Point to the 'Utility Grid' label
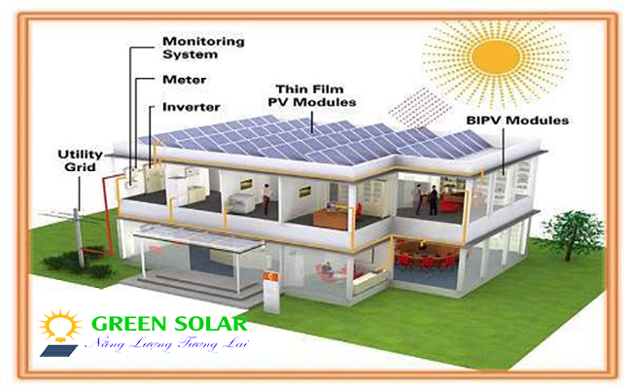(x=81, y=160)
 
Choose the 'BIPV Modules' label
(x=516, y=121)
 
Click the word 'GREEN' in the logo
(x=123, y=324)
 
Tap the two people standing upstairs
(x=426, y=199)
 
